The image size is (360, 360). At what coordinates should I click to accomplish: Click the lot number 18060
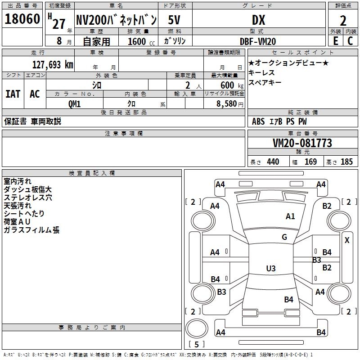coord(22,19)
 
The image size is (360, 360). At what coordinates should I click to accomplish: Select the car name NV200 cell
coord(116,20)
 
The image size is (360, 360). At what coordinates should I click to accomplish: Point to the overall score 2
coord(343,21)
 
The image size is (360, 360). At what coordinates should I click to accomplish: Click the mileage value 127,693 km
coord(53,64)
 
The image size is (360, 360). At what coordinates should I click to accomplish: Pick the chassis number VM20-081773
coord(302,143)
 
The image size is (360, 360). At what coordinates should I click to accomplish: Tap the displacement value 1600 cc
coord(138,41)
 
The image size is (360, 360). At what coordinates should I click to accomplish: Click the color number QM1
coord(74,103)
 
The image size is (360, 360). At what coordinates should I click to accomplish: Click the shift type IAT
coord(13,94)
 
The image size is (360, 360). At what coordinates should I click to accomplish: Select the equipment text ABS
coord(258,121)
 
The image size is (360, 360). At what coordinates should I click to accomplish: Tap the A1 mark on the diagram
coord(290,216)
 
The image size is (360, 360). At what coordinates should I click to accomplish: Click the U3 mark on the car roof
coord(270,269)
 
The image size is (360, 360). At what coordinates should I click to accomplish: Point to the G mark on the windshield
coord(284,237)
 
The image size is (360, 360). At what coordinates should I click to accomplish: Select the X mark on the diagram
coord(347,240)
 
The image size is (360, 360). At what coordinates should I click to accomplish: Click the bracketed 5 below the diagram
coord(196,345)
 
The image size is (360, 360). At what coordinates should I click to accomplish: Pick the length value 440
coord(273,162)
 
